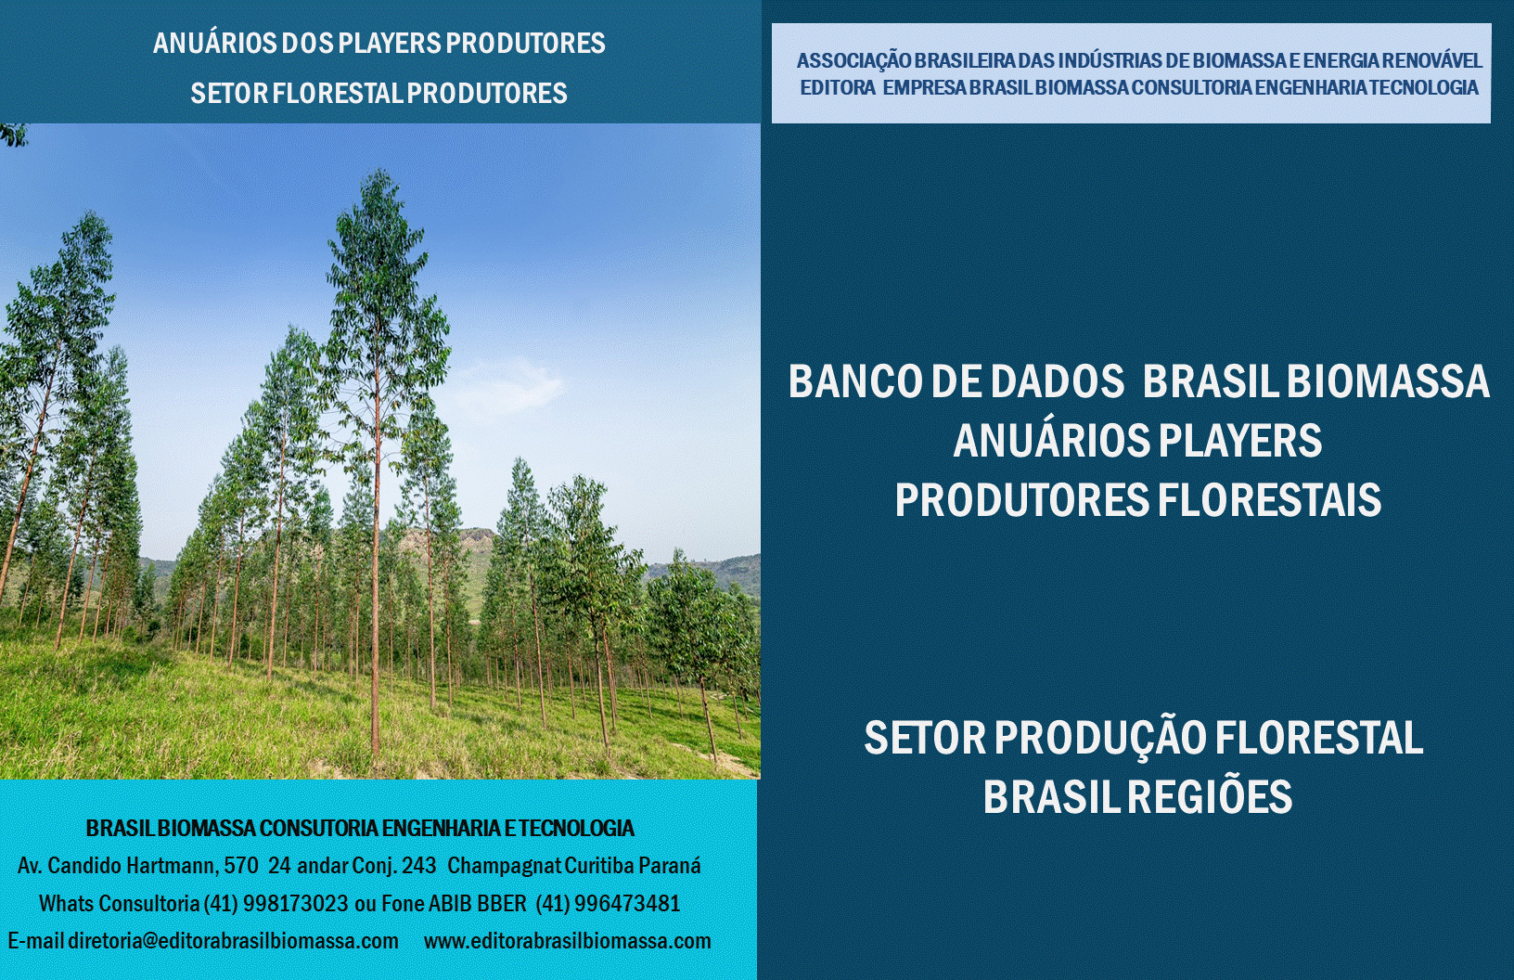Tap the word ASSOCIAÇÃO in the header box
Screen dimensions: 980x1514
(x=853, y=61)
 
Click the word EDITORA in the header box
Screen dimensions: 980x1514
(x=837, y=88)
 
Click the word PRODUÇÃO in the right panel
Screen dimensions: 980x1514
(x=1100, y=740)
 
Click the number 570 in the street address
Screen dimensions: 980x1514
(x=241, y=866)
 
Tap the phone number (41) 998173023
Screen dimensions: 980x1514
(x=276, y=904)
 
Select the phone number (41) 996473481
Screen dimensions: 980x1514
(x=608, y=904)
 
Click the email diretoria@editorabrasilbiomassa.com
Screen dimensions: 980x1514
(x=233, y=941)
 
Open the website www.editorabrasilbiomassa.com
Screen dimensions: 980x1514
(x=567, y=941)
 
